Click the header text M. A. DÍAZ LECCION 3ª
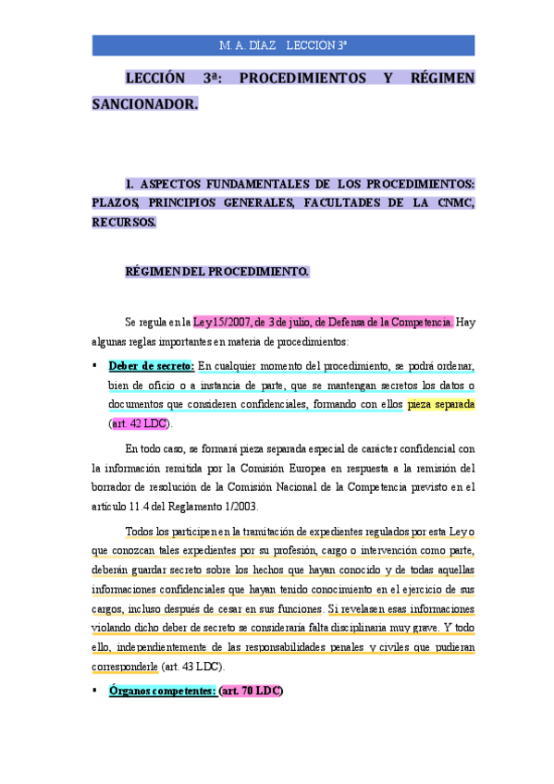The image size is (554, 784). coord(283,45)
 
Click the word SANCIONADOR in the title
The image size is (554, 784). coord(144,104)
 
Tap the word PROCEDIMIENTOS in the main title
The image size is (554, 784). coord(302,79)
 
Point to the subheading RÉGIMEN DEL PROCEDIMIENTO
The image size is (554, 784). coord(216,272)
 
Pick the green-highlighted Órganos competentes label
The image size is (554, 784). coord(163,691)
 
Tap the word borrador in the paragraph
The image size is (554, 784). coord(111,487)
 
